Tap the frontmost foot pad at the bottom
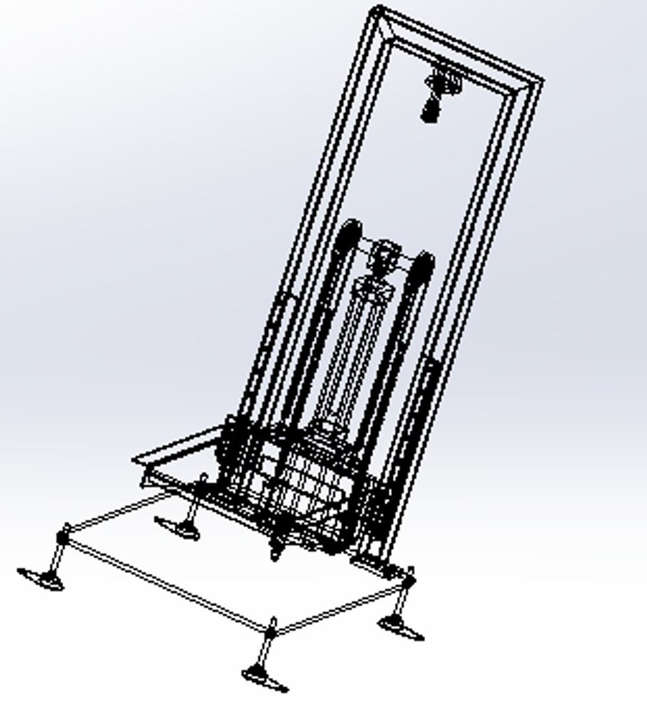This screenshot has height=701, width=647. [264, 678]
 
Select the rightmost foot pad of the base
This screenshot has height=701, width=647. [401, 628]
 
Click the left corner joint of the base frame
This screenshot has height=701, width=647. [64, 536]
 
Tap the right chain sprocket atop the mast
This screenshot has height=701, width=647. [422, 266]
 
